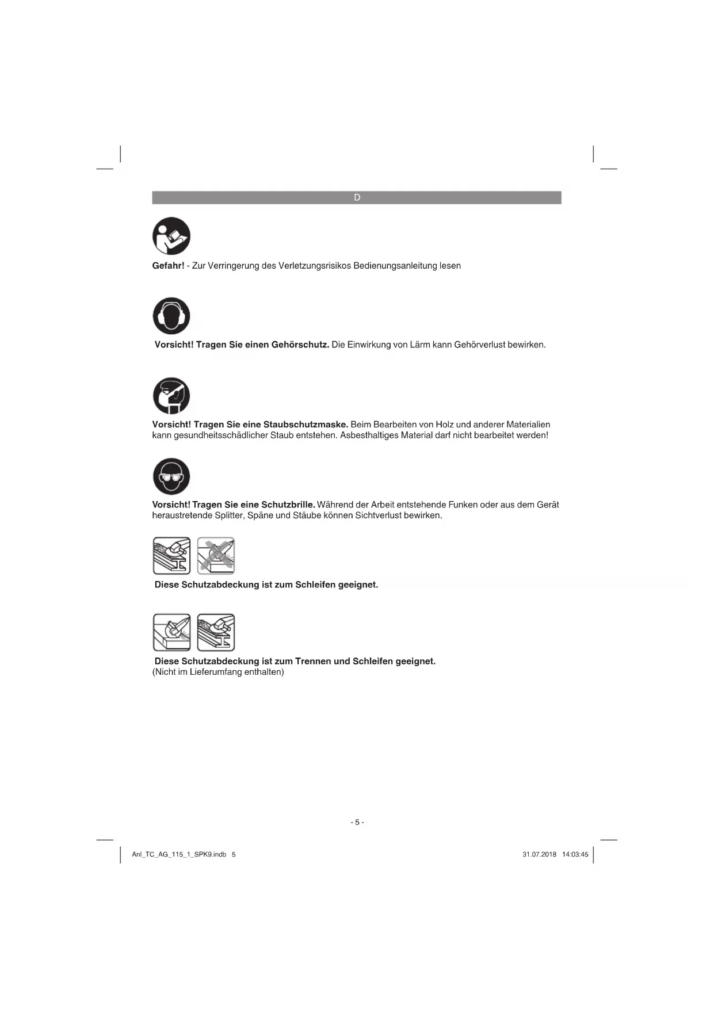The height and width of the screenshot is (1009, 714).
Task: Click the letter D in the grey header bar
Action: tap(357, 198)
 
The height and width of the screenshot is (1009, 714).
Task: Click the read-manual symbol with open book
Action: tap(171, 236)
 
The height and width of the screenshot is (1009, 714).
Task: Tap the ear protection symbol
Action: tap(171, 316)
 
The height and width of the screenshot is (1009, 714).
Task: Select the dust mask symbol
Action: tap(171, 396)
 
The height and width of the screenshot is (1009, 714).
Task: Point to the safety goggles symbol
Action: tap(171, 476)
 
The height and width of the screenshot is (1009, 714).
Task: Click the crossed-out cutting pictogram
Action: tap(216, 556)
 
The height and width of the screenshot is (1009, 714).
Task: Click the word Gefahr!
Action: tap(168, 266)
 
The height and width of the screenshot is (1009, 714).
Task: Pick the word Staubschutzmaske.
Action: tap(306, 425)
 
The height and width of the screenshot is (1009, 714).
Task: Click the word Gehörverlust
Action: tap(479, 345)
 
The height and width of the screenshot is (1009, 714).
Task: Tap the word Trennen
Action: tap(313, 662)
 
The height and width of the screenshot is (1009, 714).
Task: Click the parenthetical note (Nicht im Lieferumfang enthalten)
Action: tap(218, 672)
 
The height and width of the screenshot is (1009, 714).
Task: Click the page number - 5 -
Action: tap(357, 822)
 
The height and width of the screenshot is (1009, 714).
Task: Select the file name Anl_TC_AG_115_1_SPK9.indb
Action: tap(179, 855)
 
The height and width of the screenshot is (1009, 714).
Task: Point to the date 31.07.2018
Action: tap(539, 855)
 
